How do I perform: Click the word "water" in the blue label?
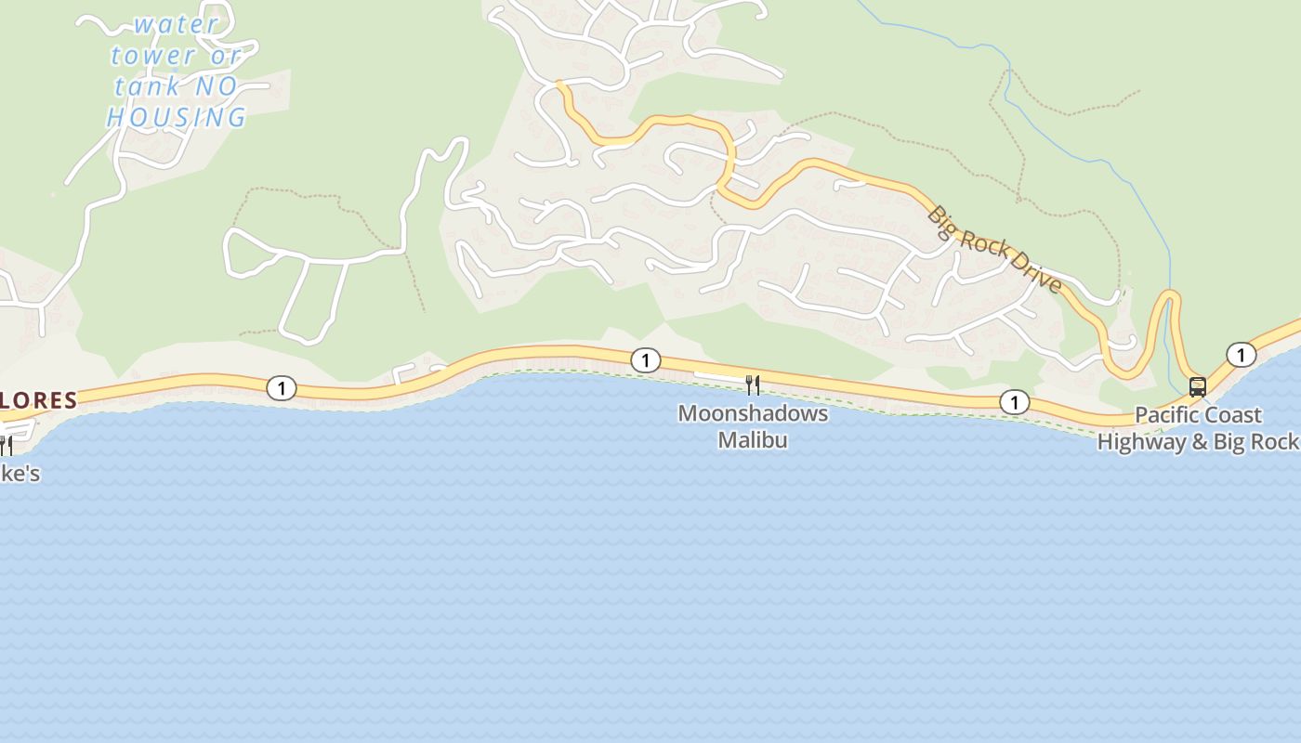tap(176, 24)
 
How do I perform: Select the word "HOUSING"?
tap(177, 118)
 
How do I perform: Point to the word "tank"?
tap(147, 86)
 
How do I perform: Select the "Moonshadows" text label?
tap(753, 413)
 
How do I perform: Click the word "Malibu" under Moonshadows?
tap(753, 439)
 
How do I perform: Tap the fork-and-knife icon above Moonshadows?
tap(753, 385)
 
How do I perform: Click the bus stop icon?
tap(1198, 387)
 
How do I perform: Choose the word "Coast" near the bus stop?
tap(1232, 415)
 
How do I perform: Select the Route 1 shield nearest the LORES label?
tap(281, 388)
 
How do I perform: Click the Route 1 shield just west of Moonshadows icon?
tap(645, 360)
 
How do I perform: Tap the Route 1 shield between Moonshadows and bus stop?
tap(1014, 402)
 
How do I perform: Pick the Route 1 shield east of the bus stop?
tap(1241, 355)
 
